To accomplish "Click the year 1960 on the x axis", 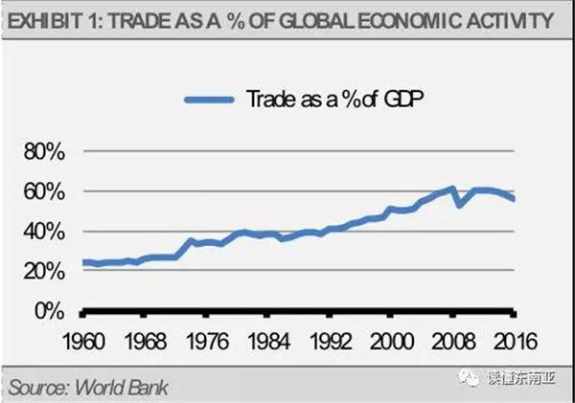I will tap(84, 341).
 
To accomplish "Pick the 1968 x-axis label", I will tap(145, 341).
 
